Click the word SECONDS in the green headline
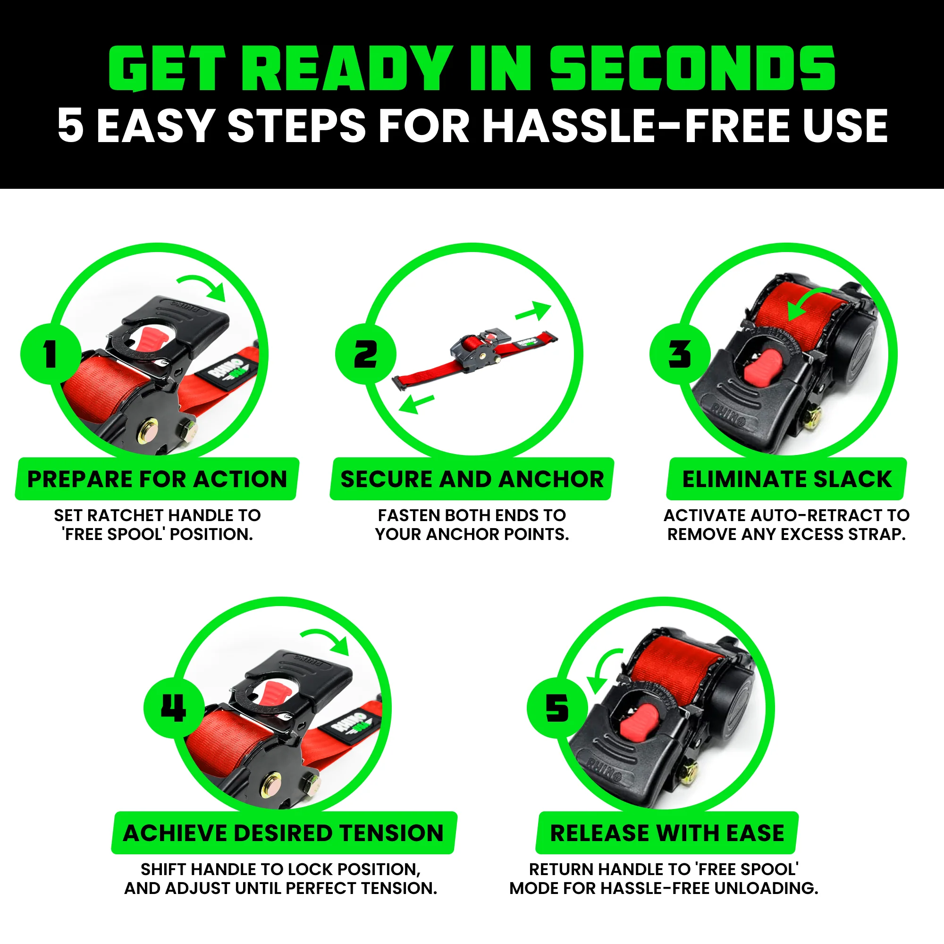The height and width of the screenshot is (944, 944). click(693, 68)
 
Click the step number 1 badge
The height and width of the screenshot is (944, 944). click(51, 354)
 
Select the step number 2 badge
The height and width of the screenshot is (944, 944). click(365, 354)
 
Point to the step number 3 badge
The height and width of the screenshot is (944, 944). click(680, 354)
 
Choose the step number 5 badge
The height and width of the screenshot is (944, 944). click(557, 708)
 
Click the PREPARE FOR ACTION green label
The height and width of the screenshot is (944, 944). click(157, 479)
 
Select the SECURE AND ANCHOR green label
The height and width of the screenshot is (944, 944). click(472, 479)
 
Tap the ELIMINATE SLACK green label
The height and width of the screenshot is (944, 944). click(787, 479)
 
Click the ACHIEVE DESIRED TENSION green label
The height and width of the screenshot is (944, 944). click(283, 833)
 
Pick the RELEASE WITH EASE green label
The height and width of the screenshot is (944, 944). click(667, 833)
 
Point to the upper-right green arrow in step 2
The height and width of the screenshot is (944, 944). click(534, 311)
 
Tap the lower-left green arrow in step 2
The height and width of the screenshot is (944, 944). click(415, 404)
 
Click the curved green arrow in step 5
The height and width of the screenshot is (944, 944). click(602, 669)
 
